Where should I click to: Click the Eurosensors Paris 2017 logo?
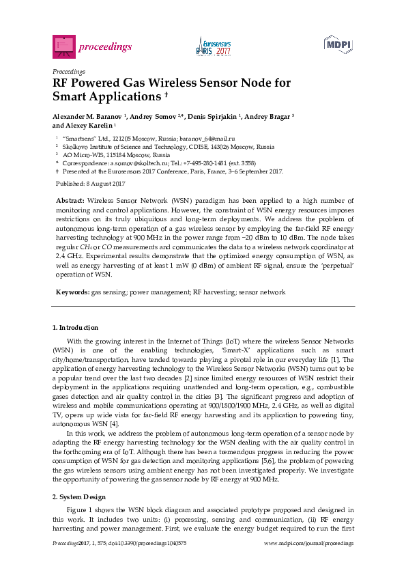click(214, 46)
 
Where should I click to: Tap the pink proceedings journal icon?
click(63, 46)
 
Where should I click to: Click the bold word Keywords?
click(72, 292)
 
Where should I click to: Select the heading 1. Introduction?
click(75, 328)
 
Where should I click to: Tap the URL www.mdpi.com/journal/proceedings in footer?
click(308, 543)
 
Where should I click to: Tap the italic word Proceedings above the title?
click(69, 71)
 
